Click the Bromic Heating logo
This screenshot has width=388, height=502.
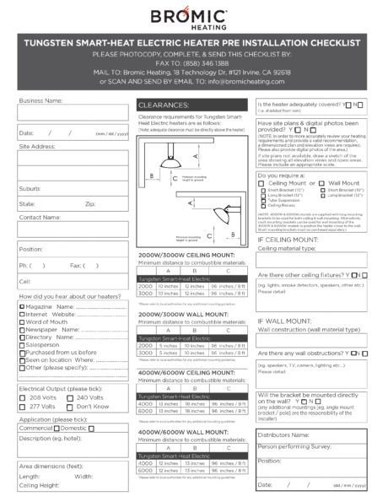click(193, 17)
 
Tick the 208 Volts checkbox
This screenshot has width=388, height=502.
click(22, 397)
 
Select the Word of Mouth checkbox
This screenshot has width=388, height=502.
click(21, 321)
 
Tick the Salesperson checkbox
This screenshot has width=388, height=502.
click(21, 344)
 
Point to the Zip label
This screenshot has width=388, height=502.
click(90, 203)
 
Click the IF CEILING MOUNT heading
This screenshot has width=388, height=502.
click(287, 239)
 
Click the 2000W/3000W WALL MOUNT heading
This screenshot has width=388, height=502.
click(181, 314)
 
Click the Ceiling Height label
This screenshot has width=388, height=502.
click(40, 485)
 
